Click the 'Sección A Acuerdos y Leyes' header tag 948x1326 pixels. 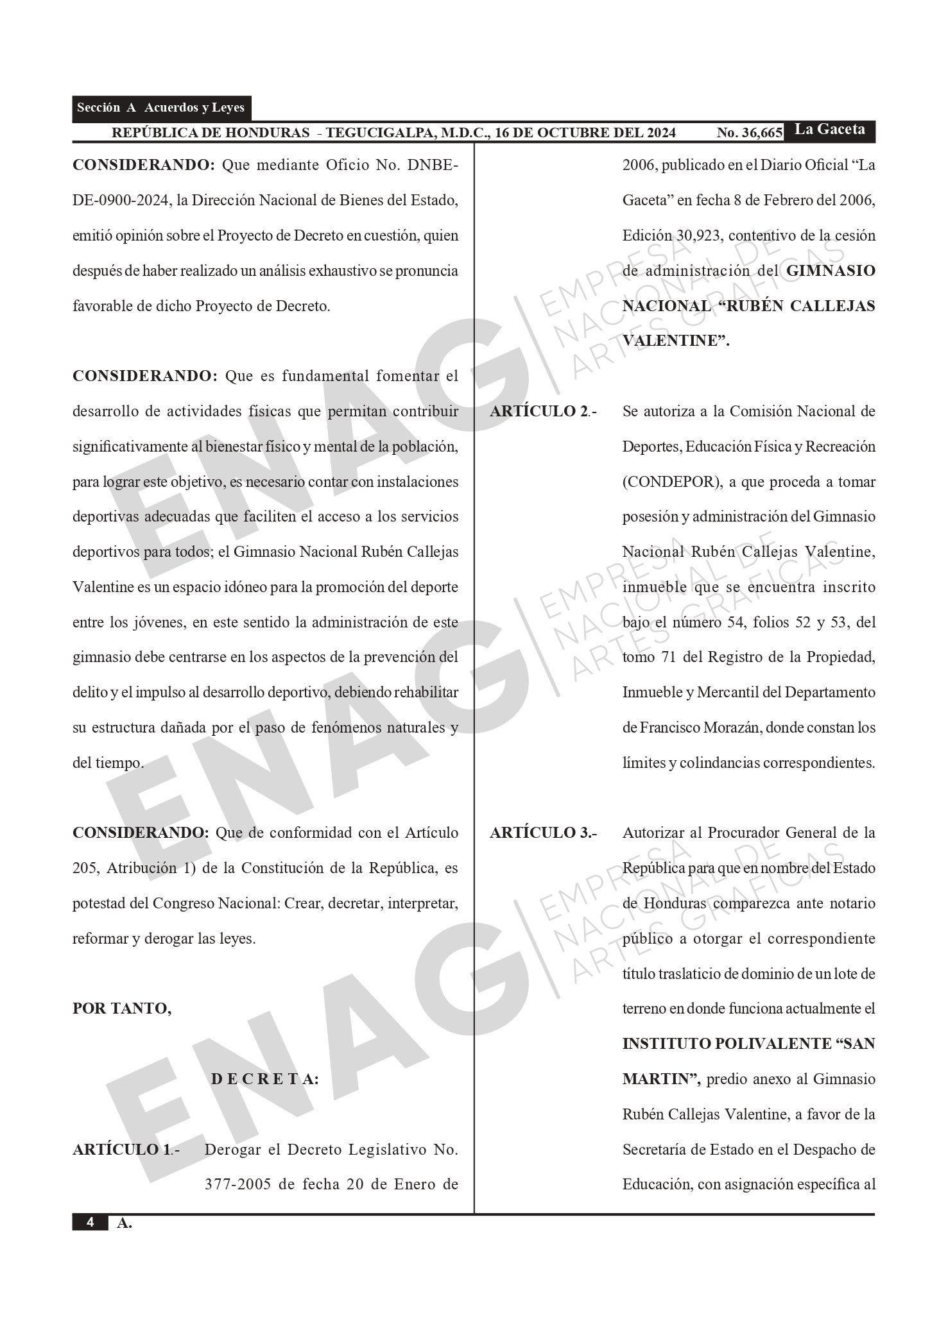click(x=160, y=108)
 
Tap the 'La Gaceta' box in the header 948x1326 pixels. click(x=829, y=130)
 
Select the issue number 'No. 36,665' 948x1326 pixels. click(x=749, y=133)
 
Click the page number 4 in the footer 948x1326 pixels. click(x=90, y=1223)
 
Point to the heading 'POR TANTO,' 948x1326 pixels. click(x=122, y=1008)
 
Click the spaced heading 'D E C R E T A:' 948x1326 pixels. click(x=264, y=1079)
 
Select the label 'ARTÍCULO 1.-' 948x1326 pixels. click(x=126, y=1150)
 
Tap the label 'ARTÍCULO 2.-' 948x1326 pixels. click(x=543, y=411)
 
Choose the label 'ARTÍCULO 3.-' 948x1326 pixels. click(x=543, y=833)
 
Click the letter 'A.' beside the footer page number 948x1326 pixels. click(x=125, y=1223)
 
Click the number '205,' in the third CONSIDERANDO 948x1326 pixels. click(x=87, y=868)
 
